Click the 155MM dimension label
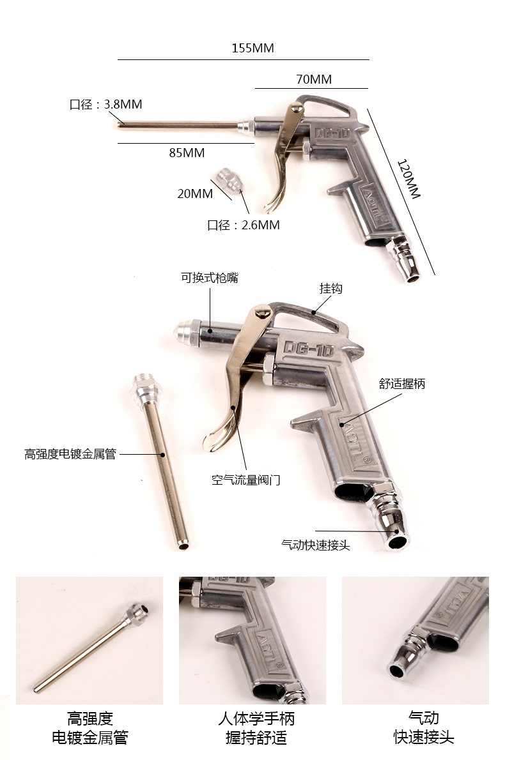(x=253, y=48)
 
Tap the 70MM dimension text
(x=314, y=79)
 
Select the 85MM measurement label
(x=187, y=153)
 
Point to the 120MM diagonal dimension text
(x=408, y=179)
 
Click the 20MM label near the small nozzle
(x=195, y=194)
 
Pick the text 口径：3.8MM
(x=106, y=104)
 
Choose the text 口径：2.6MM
(x=244, y=225)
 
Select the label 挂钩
(x=331, y=289)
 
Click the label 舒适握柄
(x=402, y=384)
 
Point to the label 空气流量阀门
(x=246, y=480)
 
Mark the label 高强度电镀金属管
(x=70, y=454)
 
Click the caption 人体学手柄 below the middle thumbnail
(x=256, y=718)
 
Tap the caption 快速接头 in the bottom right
(x=424, y=738)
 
